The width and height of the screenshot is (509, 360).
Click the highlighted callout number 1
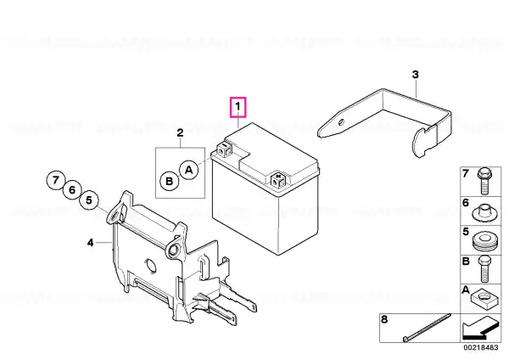coord(238,107)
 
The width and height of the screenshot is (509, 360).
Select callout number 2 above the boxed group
coord(180,132)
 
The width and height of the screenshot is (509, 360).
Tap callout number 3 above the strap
coord(416,75)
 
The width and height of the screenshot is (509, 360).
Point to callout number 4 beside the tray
coord(90,242)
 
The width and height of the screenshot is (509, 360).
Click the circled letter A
coord(189,170)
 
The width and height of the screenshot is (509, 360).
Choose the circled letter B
coord(170,181)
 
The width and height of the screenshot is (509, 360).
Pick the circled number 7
coord(56,180)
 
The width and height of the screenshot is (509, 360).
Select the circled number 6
coord(72,189)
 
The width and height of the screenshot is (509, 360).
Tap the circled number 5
coord(89,200)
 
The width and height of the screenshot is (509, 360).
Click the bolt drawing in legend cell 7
coord(484,181)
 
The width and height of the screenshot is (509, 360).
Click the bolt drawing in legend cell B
coord(484,268)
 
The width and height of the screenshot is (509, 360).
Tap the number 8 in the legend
coord(384,319)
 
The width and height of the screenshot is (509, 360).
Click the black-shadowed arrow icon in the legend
coord(481,328)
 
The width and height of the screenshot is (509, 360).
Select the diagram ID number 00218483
coord(481,347)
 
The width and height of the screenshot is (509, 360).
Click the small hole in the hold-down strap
coord(340,122)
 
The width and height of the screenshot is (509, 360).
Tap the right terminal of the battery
coord(278,179)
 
